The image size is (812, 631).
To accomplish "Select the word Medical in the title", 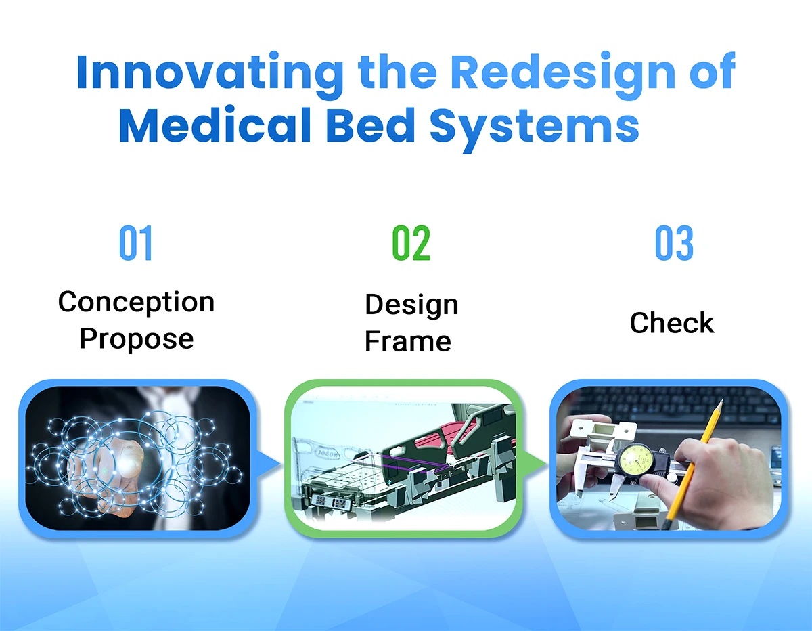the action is pos(215,125).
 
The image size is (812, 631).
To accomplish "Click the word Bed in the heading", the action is pos(370,125).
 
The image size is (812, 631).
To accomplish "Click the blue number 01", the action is pos(135,242).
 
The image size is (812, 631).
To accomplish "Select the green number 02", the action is pos(411,242).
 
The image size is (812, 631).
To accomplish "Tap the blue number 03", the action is pos(675,242).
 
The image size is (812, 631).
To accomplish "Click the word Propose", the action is pos(137,339).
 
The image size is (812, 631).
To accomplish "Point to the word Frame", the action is pos(407,341).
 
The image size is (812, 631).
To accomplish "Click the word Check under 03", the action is pos(672,322).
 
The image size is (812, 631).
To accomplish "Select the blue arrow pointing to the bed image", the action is pos(269,464).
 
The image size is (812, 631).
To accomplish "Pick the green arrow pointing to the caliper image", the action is pos(535,464).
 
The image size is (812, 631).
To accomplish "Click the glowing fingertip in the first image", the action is pos(129,461).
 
